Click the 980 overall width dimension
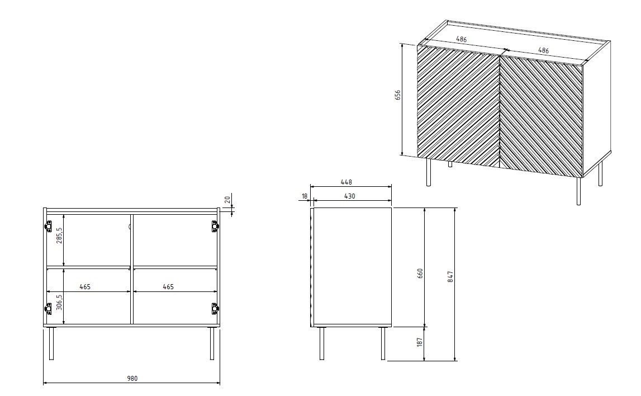click(132, 379)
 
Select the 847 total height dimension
click(450, 277)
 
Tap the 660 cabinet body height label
click(420, 274)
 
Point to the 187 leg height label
click(420, 342)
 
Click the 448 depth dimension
click(346, 182)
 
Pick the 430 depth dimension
click(349, 196)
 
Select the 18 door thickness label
click(305, 196)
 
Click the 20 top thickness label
click(227, 200)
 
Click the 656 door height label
click(398, 95)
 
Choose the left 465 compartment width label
click(84, 287)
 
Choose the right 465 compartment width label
click(168, 287)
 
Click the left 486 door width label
click(461, 40)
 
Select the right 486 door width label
click(543, 50)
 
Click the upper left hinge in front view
click(49, 226)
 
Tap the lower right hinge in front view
click(214, 308)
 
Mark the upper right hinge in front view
click(214, 226)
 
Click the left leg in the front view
click(51, 343)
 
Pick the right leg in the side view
click(383, 343)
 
